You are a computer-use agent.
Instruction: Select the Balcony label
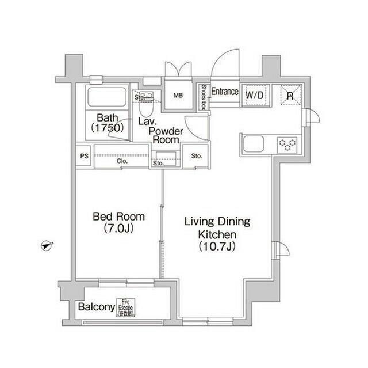point(97,307)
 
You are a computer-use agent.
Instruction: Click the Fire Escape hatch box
point(125,307)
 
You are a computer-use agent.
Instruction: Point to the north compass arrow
point(47,246)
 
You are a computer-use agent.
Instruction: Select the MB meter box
point(178,96)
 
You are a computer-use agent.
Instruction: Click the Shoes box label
point(204,96)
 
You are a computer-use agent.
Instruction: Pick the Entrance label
point(225,92)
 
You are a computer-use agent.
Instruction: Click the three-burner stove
point(287,143)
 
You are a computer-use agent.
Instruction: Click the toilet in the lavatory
point(147,105)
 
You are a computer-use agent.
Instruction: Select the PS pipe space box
point(84,156)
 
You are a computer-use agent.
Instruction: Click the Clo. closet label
point(122,162)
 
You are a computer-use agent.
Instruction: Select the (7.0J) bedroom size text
point(119,229)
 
